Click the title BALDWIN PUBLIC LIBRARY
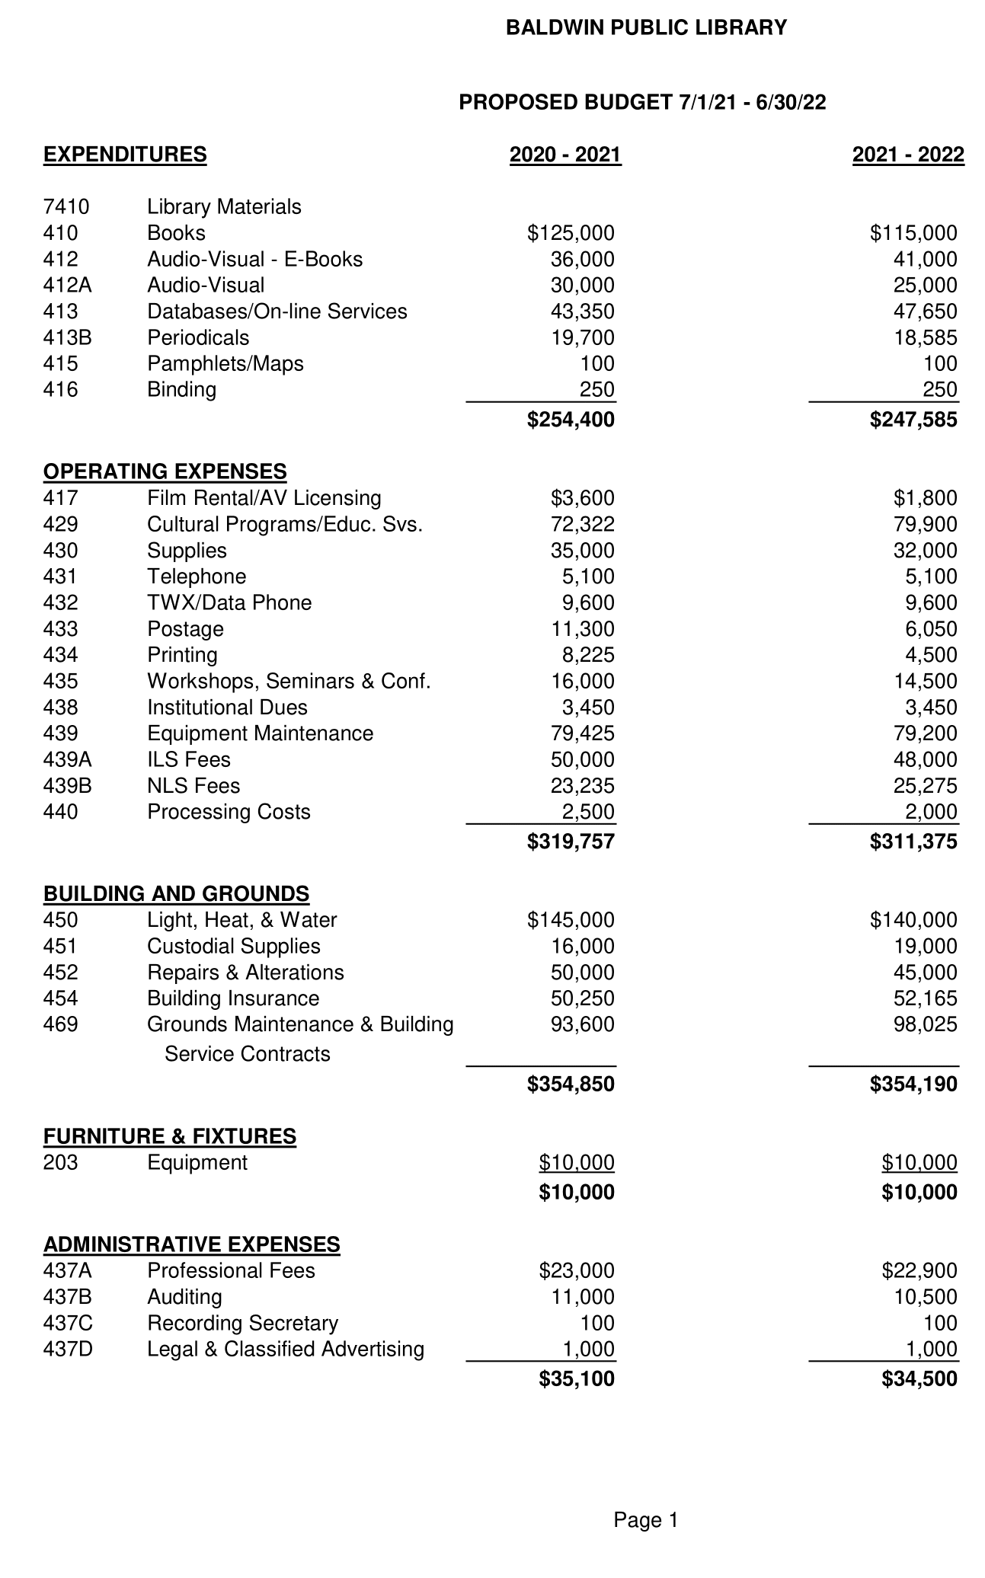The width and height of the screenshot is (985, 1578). [646, 28]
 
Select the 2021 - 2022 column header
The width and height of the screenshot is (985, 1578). [908, 155]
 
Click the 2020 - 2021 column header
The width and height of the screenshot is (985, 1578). [565, 155]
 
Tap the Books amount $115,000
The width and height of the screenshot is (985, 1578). [913, 233]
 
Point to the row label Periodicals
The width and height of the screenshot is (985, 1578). [198, 337]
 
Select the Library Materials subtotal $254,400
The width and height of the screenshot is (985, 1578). [571, 420]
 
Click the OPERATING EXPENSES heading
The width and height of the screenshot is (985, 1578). [165, 471]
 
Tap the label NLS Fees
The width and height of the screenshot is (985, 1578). [193, 786]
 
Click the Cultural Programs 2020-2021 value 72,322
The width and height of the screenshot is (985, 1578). [582, 525]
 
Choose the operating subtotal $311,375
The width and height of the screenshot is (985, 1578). [913, 842]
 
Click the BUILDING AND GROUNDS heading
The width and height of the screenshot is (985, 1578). [177, 893]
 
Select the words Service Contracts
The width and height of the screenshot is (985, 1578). [248, 1054]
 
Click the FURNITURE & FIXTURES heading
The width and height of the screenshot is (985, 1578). [170, 1136]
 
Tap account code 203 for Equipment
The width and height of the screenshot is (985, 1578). [61, 1163]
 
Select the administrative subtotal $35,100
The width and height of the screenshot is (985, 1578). [577, 1379]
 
